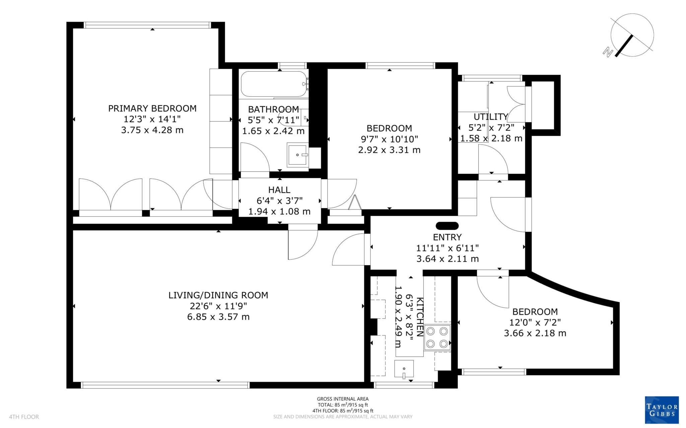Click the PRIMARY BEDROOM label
pyautogui.click(x=152, y=108)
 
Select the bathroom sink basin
pyautogui.click(x=297, y=155)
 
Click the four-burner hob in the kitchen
pyautogui.click(x=437, y=337)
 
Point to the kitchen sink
pyautogui.click(x=404, y=369)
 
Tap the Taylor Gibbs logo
pyautogui.click(x=662, y=410)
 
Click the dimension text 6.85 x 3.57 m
pyautogui.click(x=218, y=317)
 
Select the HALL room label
pyautogui.click(x=279, y=190)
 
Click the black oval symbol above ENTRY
pyautogui.click(x=447, y=226)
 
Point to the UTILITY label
pyautogui.click(x=491, y=117)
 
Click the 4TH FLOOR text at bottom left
pyautogui.click(x=24, y=417)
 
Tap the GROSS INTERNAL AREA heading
pyautogui.click(x=343, y=399)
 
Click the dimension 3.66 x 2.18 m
pyautogui.click(x=535, y=333)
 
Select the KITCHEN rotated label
pyautogui.click(x=420, y=317)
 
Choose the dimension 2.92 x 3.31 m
pyautogui.click(x=389, y=150)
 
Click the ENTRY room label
pyautogui.click(x=447, y=237)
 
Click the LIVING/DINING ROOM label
pyautogui.click(x=218, y=295)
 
